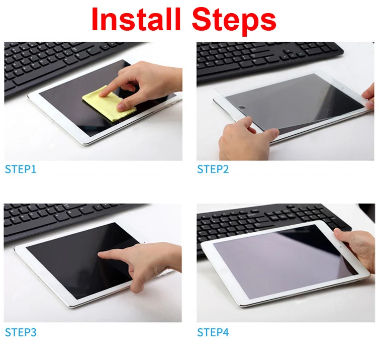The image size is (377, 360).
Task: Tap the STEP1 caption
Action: click(x=21, y=169)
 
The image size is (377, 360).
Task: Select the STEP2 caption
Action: click(x=213, y=169)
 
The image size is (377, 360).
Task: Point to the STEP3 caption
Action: click(x=21, y=332)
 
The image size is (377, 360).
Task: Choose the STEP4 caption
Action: click(x=213, y=332)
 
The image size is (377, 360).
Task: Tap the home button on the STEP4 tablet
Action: click(x=224, y=271)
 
